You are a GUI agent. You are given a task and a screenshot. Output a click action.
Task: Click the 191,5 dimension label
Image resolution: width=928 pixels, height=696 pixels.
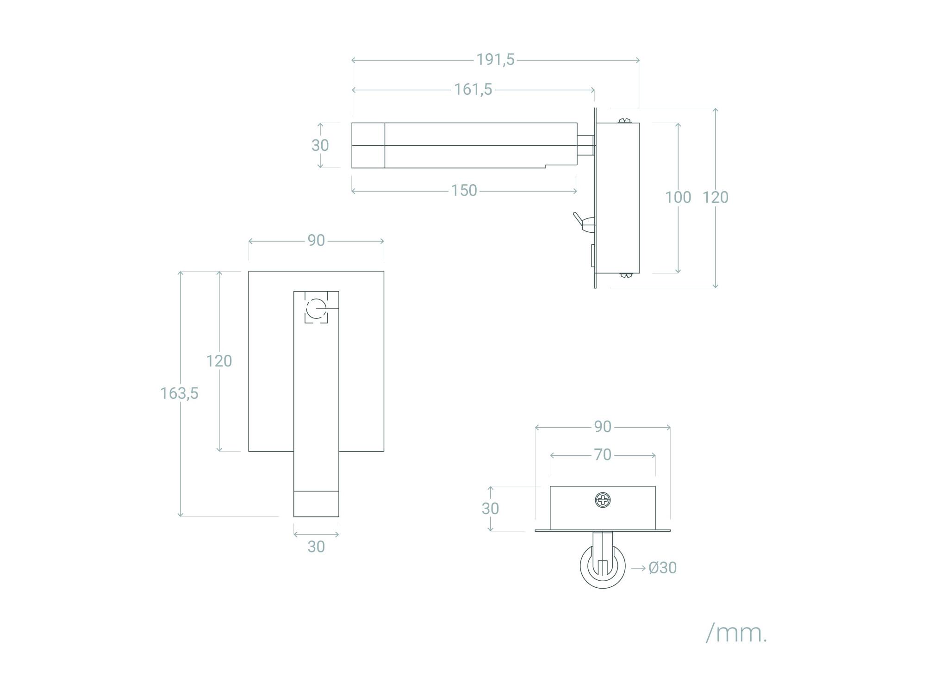click(x=495, y=60)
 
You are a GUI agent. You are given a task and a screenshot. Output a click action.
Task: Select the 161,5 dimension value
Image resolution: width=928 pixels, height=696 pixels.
click(x=473, y=89)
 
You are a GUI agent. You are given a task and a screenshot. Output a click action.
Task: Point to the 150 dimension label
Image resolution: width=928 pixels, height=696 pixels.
click(x=464, y=190)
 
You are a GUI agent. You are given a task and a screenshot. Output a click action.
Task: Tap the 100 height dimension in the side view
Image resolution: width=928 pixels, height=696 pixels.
click(x=678, y=197)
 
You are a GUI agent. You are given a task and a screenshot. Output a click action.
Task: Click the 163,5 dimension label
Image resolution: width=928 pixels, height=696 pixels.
click(x=179, y=393)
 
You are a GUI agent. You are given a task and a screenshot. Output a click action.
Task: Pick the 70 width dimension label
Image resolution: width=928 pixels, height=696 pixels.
click(x=603, y=455)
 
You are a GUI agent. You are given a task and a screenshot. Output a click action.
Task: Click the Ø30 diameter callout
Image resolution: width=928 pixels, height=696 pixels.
click(x=662, y=568)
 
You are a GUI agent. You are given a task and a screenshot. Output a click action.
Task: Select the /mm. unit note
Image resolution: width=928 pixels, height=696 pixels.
click(x=736, y=633)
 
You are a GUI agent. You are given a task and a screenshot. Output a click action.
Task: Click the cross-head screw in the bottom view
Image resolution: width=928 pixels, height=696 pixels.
click(x=603, y=500)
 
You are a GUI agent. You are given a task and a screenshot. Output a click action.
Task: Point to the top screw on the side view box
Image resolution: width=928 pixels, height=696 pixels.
click(x=625, y=121)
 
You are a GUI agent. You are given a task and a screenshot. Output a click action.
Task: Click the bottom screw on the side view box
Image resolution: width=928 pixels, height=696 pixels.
click(x=625, y=275)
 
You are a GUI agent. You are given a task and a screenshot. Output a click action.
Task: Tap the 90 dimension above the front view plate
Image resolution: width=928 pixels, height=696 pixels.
click(x=316, y=240)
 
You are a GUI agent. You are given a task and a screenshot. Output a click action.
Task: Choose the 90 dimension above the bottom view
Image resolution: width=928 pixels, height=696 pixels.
click(x=603, y=426)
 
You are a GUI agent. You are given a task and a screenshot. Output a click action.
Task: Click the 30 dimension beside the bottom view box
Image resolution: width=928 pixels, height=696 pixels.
click(x=490, y=509)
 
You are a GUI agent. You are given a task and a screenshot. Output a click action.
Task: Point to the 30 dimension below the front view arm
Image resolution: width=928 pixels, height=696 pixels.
click(x=316, y=547)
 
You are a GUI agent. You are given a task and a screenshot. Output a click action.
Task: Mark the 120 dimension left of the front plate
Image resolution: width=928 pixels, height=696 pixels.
click(x=219, y=361)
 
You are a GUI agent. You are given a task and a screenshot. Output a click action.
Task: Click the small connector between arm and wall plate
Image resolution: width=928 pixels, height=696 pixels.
click(x=586, y=145)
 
